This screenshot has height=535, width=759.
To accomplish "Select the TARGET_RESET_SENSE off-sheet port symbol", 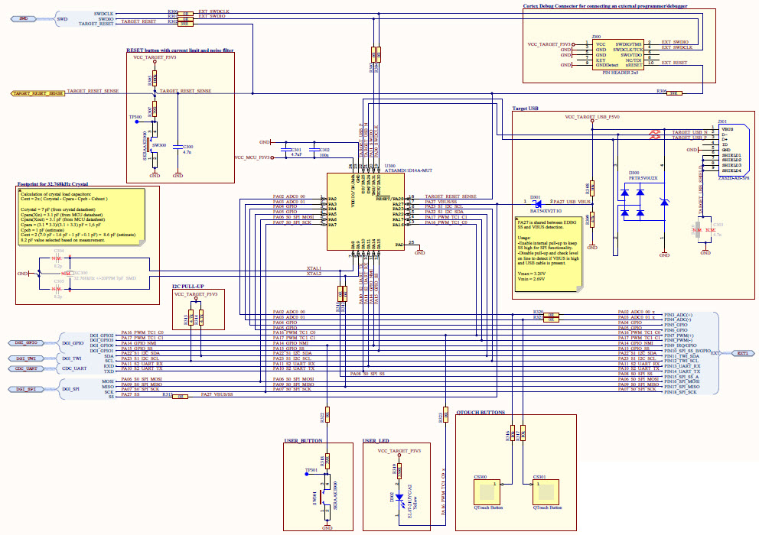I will coord(37,93).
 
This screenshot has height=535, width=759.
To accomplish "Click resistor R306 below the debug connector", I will coord(673,93).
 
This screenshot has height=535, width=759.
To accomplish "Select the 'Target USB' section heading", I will coord(528,109).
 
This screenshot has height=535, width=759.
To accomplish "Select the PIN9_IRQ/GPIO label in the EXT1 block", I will coord(683,345).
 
